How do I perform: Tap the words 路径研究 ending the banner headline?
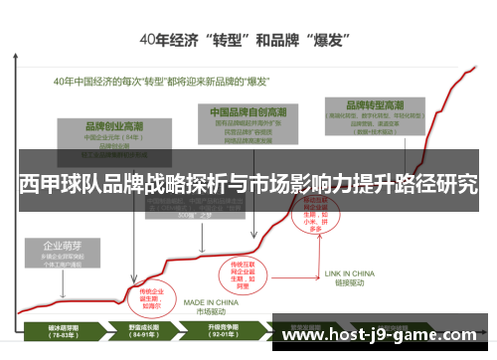click(442, 184)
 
